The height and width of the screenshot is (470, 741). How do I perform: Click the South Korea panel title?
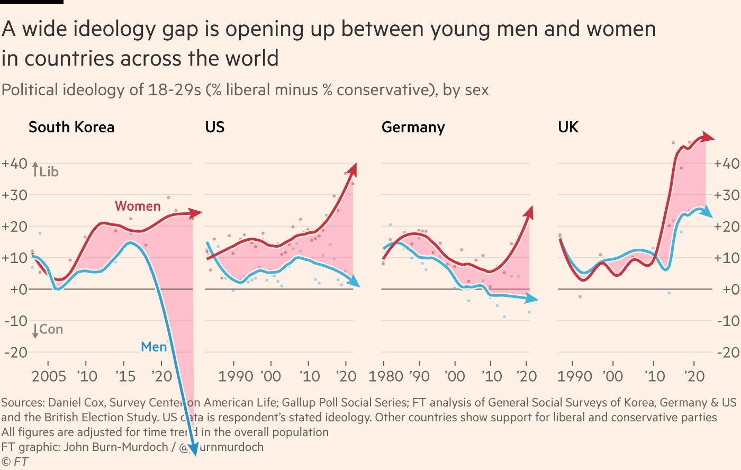point(71,128)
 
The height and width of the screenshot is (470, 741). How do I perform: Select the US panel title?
point(215,128)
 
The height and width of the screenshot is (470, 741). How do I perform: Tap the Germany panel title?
point(413,128)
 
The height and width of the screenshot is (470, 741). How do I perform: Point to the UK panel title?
point(568,128)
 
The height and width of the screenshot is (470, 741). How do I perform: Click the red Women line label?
point(138,206)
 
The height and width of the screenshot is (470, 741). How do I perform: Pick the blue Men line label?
point(153,347)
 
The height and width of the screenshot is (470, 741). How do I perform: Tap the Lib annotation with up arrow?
point(46,171)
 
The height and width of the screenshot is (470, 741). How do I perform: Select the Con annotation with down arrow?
point(48,330)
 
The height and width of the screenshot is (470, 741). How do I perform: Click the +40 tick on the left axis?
point(14,164)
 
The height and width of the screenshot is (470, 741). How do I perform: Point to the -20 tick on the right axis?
point(727,352)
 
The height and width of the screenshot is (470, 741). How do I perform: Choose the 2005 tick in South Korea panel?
point(49,376)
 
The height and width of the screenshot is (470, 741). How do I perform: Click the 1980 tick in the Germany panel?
point(386,376)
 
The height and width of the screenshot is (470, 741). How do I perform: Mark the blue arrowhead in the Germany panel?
point(533,300)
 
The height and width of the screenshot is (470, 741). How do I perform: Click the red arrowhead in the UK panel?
point(709,138)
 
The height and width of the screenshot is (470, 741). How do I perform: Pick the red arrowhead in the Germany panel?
point(528,212)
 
